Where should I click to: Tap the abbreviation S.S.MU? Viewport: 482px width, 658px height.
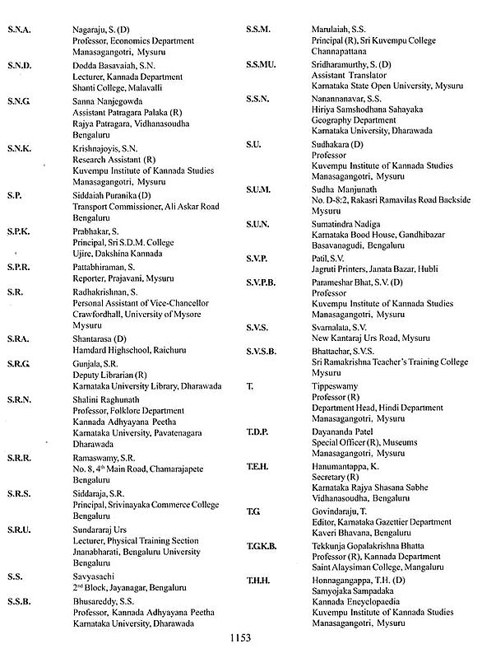tap(262, 63)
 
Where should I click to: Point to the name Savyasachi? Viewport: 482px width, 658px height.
tap(94, 577)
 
